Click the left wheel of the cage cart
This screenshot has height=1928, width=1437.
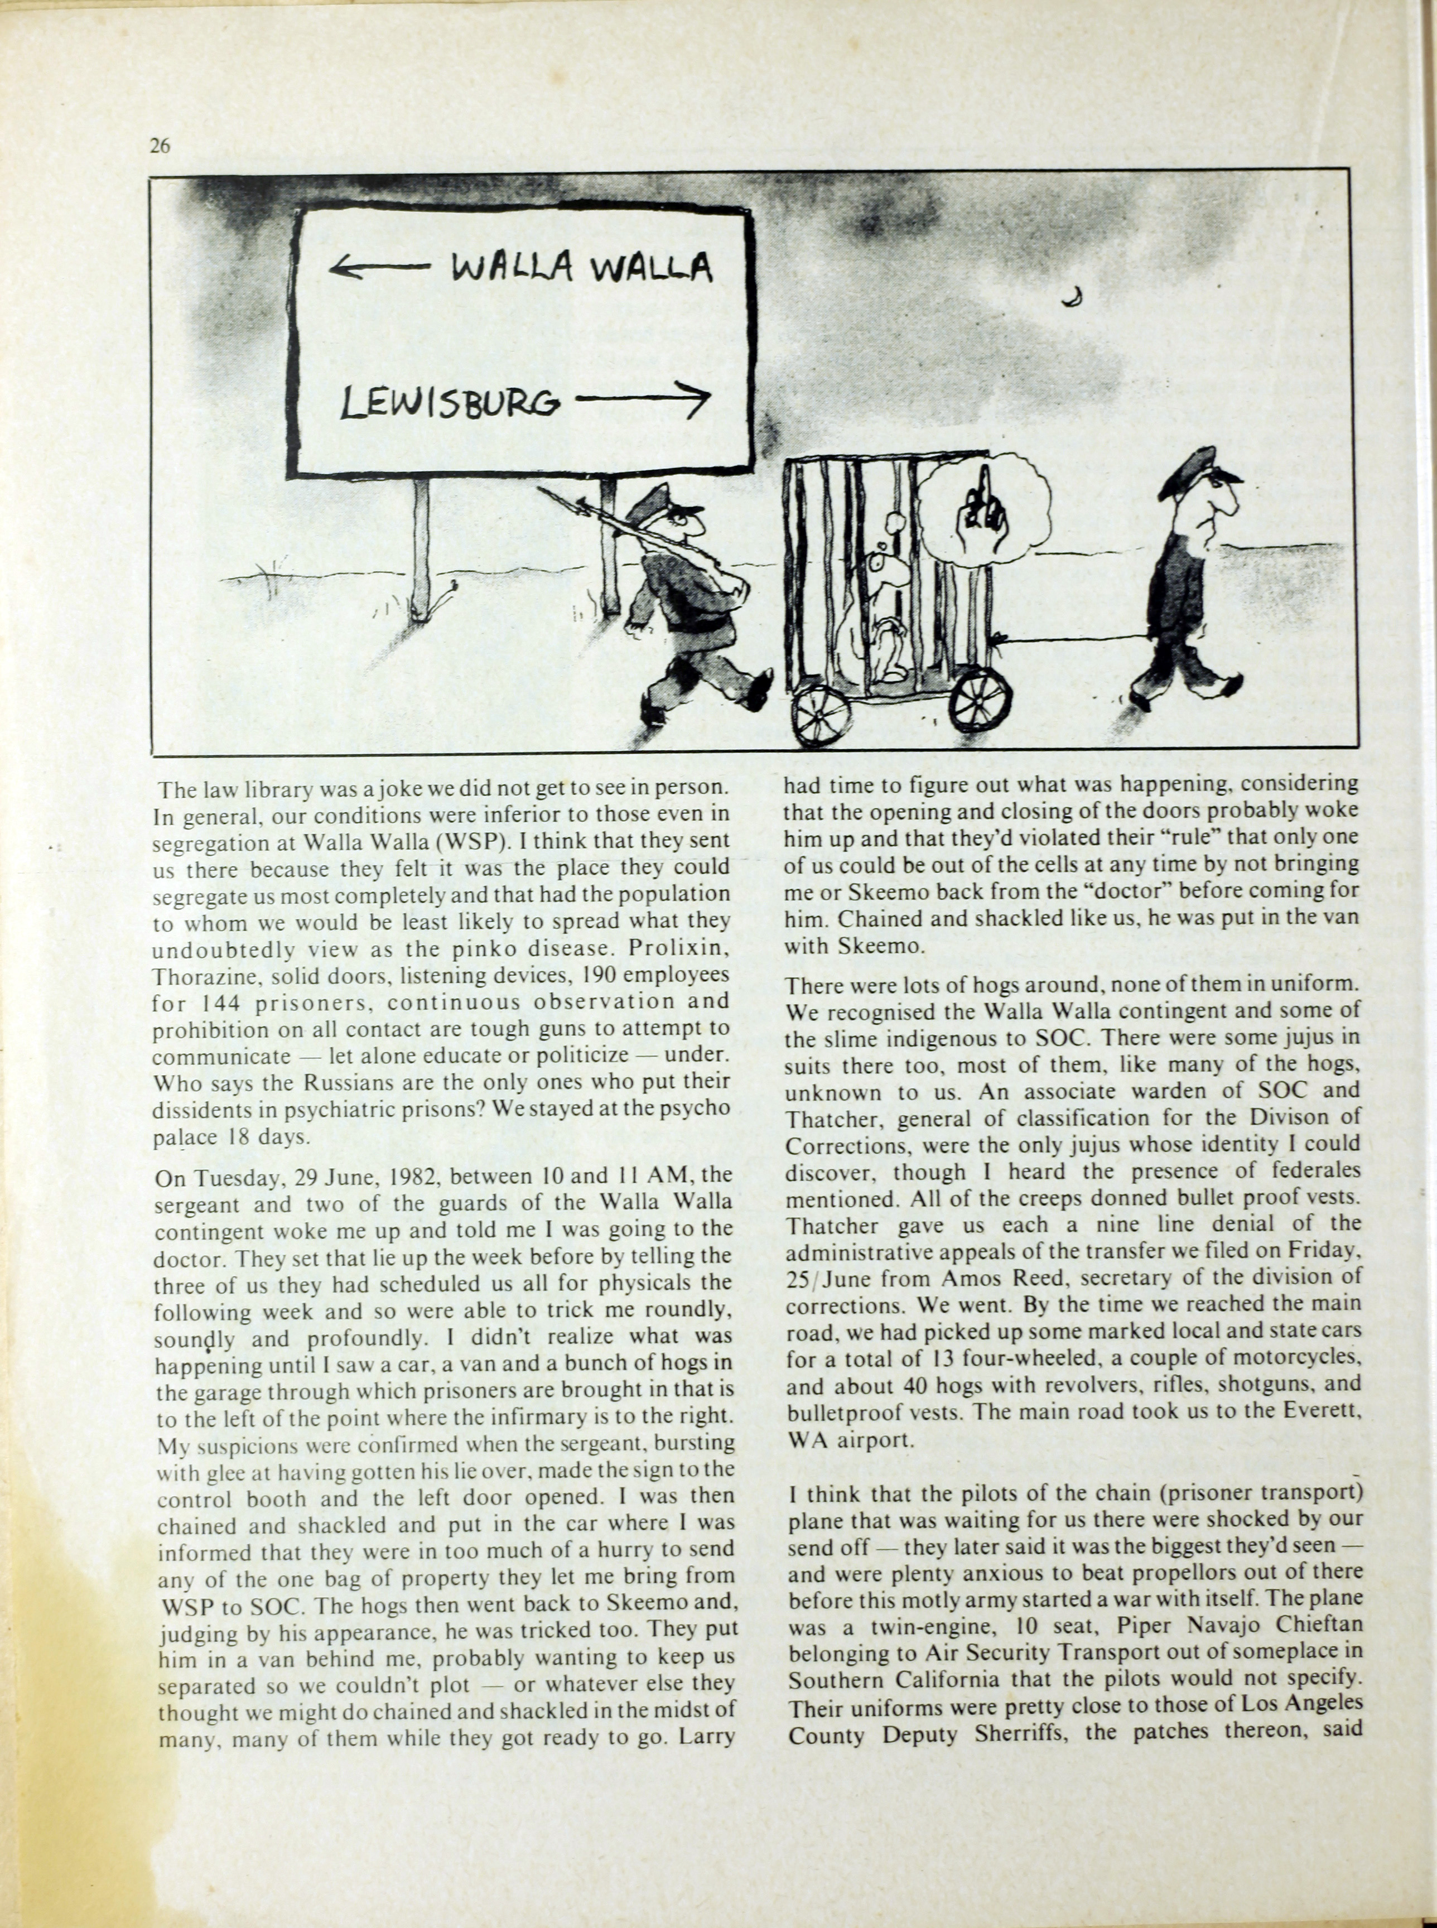pyautogui.click(x=820, y=714)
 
